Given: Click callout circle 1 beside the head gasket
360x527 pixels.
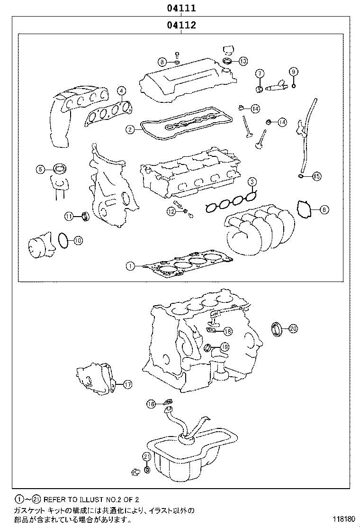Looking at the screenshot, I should coord(130,266).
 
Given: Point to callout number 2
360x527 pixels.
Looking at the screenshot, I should coord(130,129).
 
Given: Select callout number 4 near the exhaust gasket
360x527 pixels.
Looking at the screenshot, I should coord(122,91).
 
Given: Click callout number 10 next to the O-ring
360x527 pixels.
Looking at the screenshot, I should coord(78,240).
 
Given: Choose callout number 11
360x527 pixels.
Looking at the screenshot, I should coord(69,217).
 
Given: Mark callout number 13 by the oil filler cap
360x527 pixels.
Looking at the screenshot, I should coord(243,61).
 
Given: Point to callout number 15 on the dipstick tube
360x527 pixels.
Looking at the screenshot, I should coord(316,176).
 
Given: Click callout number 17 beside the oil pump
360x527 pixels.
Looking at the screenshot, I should coord(127,384).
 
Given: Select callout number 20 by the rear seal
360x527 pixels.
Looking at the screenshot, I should coord(292,327).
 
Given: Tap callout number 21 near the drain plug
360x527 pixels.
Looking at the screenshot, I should coord(146,456).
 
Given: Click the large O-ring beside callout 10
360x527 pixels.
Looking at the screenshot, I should coord(63,240).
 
